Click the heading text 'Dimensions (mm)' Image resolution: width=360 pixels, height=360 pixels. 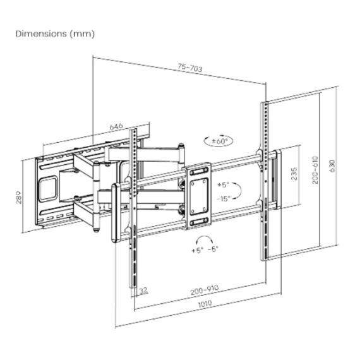pyautogui.click(x=55, y=33)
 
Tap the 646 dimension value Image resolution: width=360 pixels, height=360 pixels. pyautogui.click(x=116, y=126)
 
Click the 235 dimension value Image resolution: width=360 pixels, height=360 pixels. pyautogui.click(x=294, y=174)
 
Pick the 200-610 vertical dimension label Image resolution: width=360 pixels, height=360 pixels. pyautogui.click(x=314, y=171)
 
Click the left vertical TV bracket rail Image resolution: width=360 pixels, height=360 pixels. pyautogui.click(x=135, y=208)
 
